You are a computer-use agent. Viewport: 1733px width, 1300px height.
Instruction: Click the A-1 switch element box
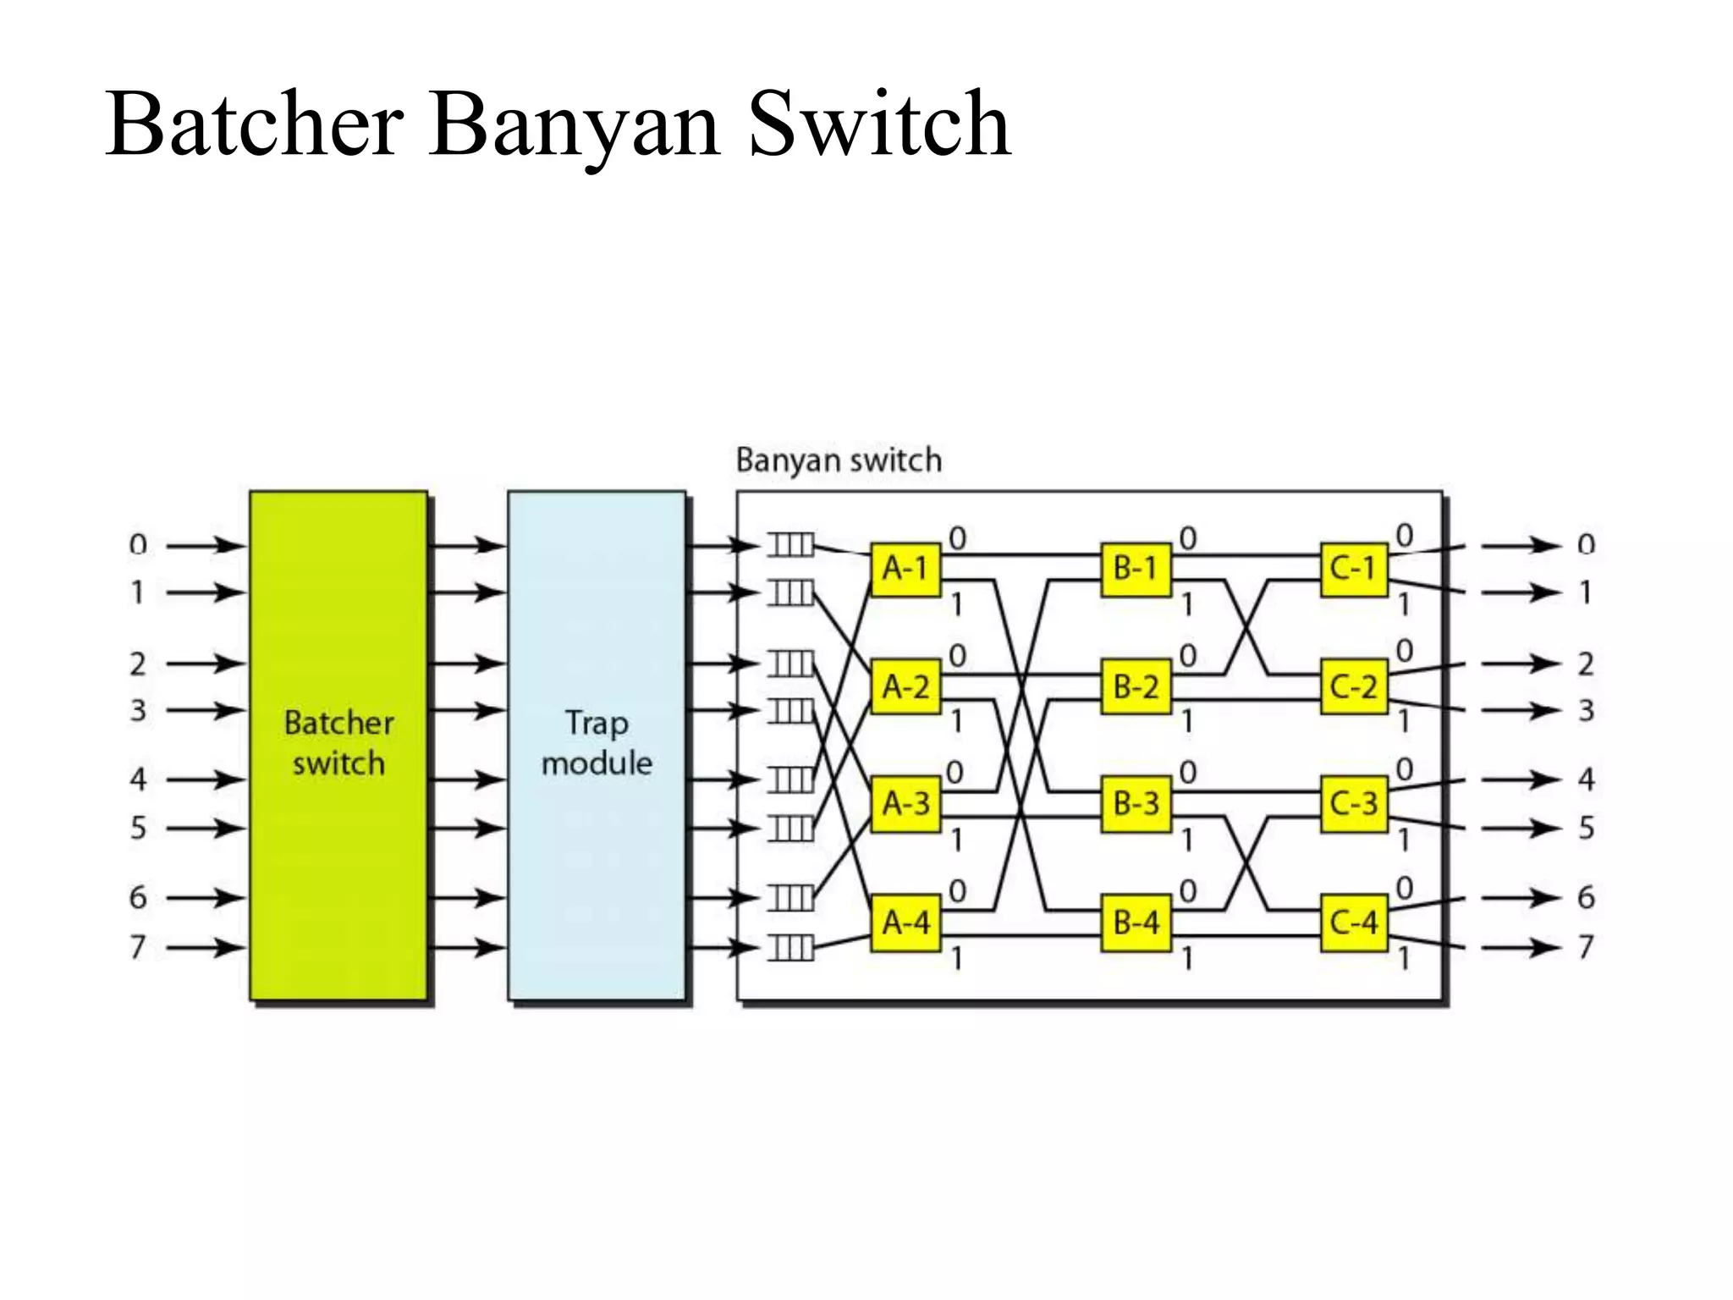[x=905, y=569]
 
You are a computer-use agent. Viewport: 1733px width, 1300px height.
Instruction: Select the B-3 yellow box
[x=1136, y=803]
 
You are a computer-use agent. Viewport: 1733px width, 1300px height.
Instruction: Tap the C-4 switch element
[x=1354, y=922]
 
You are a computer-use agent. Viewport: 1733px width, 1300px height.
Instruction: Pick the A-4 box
[x=905, y=922]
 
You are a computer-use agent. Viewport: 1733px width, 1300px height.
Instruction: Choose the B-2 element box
[x=1136, y=686]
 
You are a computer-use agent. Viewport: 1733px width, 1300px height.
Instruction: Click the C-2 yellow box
[x=1354, y=686]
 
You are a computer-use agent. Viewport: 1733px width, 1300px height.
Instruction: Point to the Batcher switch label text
[x=338, y=743]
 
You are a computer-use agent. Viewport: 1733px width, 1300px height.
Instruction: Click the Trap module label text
[x=597, y=743]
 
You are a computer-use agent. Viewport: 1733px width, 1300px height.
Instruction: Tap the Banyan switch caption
[x=838, y=460]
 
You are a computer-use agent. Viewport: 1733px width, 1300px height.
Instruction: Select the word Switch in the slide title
[x=879, y=125]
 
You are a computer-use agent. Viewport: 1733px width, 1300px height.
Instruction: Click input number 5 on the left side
[x=138, y=828]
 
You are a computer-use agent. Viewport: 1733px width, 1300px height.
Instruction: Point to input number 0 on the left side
[x=138, y=545]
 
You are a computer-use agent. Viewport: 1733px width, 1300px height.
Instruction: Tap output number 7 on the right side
[x=1586, y=946]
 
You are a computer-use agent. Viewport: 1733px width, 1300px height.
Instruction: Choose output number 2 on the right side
[x=1586, y=664]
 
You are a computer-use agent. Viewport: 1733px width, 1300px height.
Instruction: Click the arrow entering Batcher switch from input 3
[x=206, y=711]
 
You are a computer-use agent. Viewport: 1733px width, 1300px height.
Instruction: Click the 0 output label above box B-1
[x=1188, y=538]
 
